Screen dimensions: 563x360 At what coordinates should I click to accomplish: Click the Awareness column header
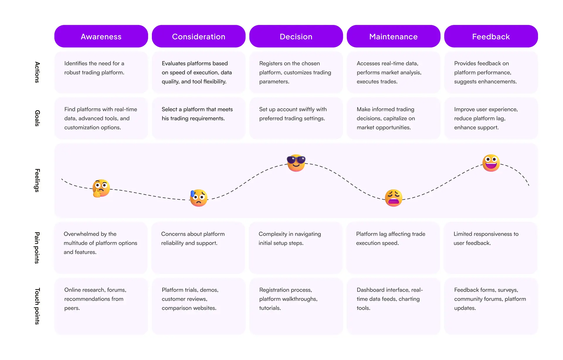pos(101,36)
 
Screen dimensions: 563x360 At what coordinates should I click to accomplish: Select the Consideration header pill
pos(199,36)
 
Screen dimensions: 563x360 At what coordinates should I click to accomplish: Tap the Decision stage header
pos(296,36)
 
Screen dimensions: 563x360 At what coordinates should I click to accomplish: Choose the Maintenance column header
pos(394,36)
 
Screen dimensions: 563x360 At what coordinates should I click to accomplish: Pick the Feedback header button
pos(491,36)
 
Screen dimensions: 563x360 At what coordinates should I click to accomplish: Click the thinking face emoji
pos(101,188)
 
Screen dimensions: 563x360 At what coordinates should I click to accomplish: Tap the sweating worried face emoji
pos(199,198)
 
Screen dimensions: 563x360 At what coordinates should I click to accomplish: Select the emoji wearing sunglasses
pos(296,163)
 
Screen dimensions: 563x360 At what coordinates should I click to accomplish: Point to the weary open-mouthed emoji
pos(394,198)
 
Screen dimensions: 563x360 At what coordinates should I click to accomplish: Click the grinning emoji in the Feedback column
pos(491,163)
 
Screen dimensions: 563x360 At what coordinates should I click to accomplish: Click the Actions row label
pos(37,72)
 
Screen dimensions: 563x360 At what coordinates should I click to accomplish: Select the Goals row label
pos(37,118)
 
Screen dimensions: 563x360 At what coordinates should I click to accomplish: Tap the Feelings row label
pos(37,180)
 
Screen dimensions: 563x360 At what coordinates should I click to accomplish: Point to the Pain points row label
pos(37,248)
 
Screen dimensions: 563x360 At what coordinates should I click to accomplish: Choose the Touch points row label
pos(37,306)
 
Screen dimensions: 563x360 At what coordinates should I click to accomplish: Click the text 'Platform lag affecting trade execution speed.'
pos(391,238)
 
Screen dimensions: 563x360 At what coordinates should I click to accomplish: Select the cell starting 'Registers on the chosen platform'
pos(296,72)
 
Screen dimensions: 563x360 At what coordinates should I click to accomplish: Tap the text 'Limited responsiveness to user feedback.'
pos(486,238)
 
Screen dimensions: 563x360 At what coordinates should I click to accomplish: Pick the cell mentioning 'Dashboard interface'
pos(394,306)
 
